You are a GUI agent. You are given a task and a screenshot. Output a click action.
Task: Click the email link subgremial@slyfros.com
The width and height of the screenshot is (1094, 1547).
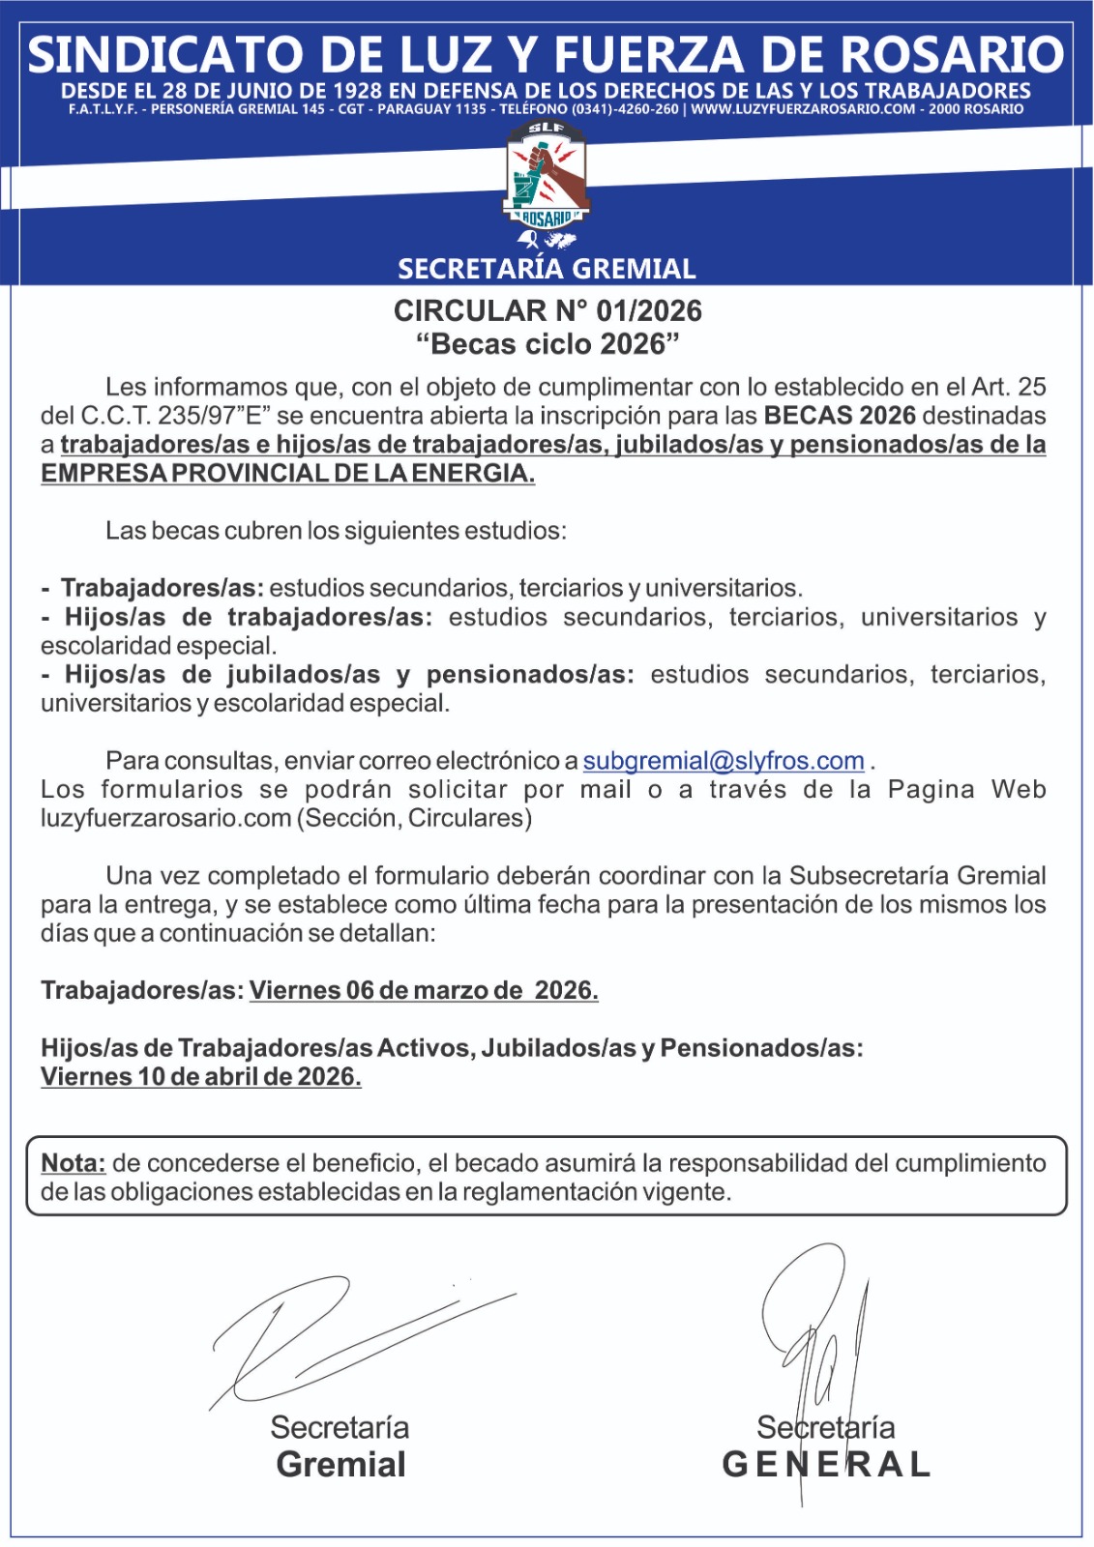[723, 761]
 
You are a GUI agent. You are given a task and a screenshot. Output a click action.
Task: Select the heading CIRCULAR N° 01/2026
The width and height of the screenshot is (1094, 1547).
[547, 310]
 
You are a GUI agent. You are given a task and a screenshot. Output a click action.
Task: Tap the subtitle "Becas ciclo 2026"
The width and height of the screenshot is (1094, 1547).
[547, 344]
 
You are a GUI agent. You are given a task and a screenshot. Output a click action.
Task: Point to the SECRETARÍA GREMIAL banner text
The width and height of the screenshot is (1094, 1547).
[547, 269]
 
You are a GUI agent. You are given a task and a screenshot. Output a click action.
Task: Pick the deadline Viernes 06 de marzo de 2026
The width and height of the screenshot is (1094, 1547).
[424, 991]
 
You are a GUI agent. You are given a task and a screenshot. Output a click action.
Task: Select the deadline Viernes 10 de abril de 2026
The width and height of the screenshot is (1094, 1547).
[201, 1077]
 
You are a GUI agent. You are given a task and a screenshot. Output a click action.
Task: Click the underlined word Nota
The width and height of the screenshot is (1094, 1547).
[73, 1163]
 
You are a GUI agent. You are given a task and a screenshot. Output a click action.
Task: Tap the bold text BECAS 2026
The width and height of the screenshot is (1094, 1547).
[840, 416]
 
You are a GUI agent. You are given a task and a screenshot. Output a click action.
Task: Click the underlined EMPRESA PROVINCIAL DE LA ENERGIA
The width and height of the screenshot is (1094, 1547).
[287, 474]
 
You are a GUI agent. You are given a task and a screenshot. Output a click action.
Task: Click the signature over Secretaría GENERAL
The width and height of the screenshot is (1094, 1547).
[817, 1344]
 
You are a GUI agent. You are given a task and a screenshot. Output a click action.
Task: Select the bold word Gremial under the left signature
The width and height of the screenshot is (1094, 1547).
[340, 1465]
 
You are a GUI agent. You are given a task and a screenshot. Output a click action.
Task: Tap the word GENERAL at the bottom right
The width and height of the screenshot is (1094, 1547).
[826, 1465]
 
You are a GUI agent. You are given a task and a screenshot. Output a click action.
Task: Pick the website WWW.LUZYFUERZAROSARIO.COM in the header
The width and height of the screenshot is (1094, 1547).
[803, 109]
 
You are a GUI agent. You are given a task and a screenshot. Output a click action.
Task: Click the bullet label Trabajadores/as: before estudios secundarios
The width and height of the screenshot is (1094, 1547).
[162, 589]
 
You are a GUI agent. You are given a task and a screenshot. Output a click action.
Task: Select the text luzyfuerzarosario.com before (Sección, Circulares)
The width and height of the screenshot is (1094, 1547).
[166, 819]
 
